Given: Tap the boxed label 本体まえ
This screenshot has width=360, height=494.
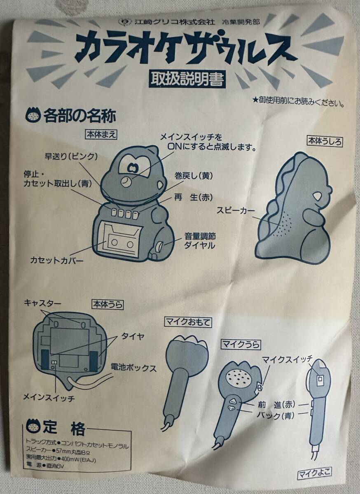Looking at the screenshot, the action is [101, 135].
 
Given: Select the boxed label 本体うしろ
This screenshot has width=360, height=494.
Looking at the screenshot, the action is [325, 141].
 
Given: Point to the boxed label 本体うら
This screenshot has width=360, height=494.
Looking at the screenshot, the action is [108, 305].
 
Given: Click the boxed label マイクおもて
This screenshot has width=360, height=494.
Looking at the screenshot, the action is [188, 323].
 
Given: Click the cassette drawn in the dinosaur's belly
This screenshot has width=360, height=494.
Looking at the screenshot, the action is [121, 243].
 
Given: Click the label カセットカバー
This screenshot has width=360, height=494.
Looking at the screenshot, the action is [57, 261].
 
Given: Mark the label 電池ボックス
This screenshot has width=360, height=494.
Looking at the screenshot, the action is [134, 368].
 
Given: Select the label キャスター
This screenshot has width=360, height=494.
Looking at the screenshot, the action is [42, 303].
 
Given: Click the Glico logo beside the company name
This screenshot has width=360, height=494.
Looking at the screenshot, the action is [124, 22].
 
